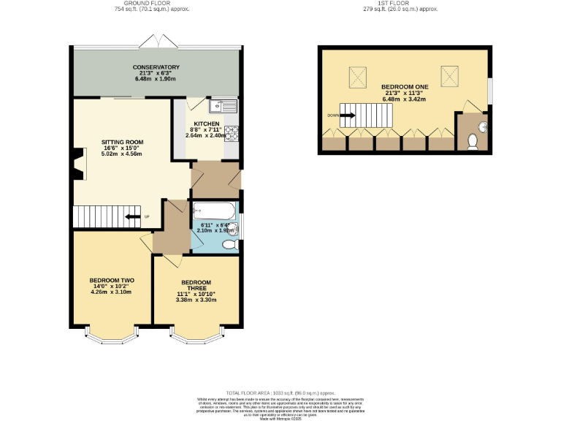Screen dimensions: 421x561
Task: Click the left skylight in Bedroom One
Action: [x=359, y=75]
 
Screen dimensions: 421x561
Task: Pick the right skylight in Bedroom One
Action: [x=449, y=75]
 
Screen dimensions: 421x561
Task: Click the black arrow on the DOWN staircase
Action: [x=347, y=115]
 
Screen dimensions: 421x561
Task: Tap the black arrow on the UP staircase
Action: [x=131, y=216]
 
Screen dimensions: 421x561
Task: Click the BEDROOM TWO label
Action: [x=111, y=280]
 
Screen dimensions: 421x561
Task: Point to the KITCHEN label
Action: [x=207, y=124]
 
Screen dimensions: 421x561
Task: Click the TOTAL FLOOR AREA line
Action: [x=280, y=392]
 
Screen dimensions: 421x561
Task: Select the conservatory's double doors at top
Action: [x=158, y=40]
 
